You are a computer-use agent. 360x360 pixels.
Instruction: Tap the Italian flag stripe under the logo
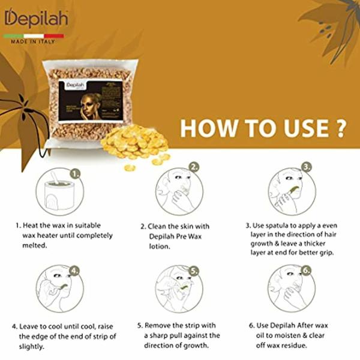(34, 36)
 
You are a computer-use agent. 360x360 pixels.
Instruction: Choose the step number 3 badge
(307, 167)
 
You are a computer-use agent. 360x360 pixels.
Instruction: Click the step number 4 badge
(75, 271)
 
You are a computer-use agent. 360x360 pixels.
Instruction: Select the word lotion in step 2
(157, 245)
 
